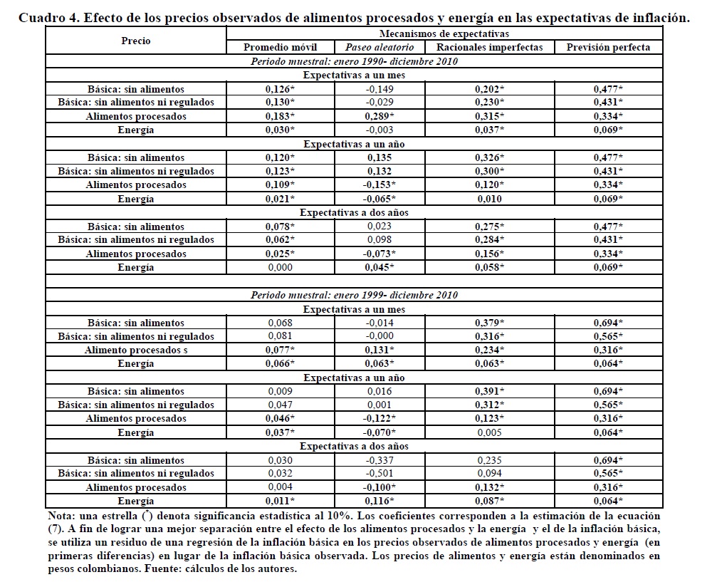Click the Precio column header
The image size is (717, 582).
(x=135, y=41)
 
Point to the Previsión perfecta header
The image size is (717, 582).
(x=608, y=48)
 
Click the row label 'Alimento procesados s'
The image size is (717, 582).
(x=135, y=350)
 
